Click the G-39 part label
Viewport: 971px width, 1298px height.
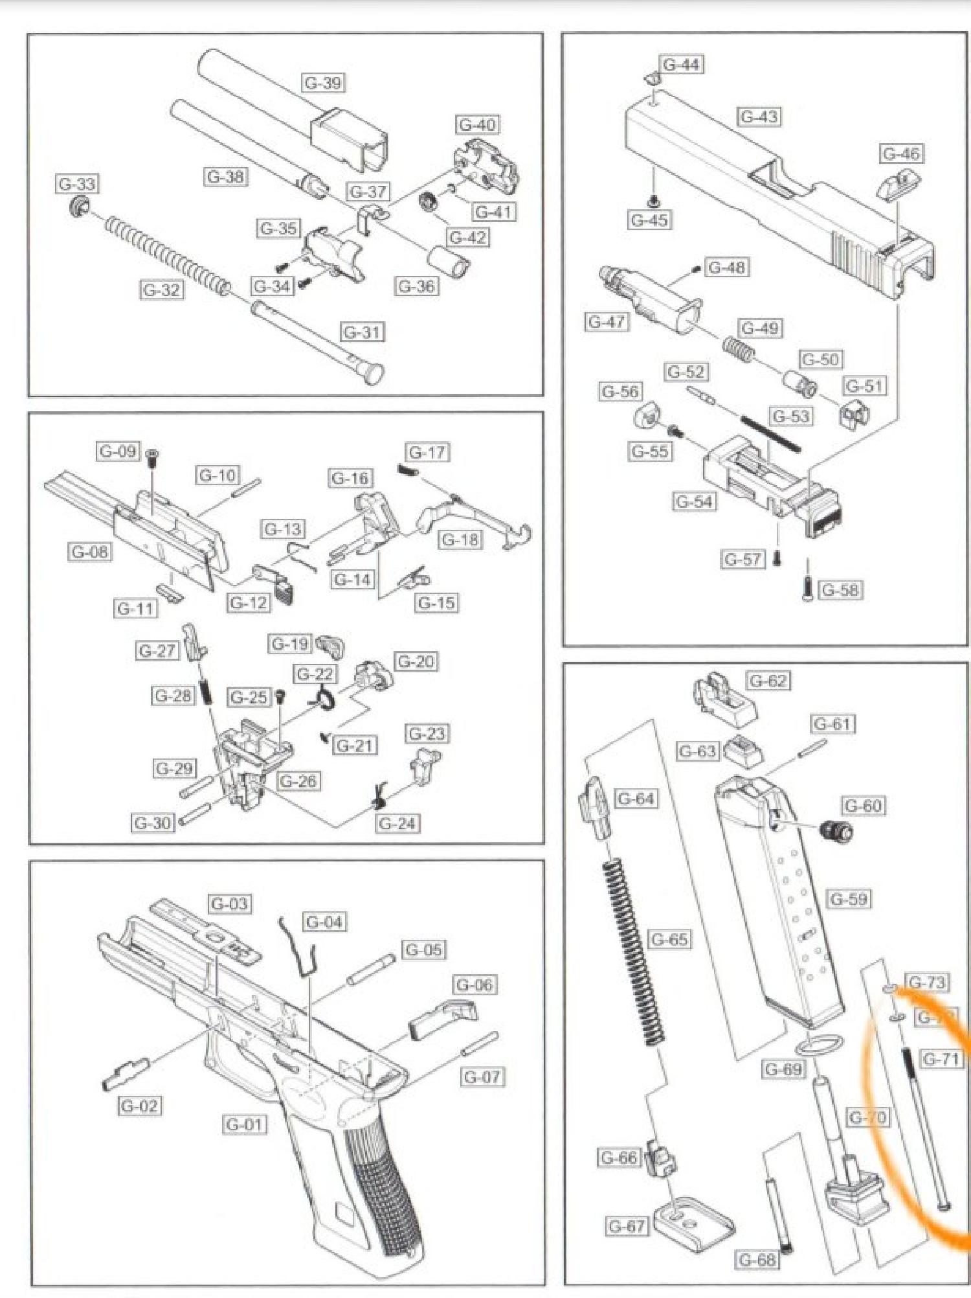323,83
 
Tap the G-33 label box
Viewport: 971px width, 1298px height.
77,184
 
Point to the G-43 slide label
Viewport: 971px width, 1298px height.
759,117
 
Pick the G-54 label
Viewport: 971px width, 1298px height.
694,501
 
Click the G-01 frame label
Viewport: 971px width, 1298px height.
244,1124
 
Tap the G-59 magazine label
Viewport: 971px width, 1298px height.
849,899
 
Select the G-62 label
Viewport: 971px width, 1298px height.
768,681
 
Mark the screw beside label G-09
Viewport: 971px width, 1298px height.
153,456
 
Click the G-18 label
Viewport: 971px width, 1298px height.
460,540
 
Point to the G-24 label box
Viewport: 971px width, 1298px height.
397,823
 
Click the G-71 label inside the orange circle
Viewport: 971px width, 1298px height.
941,1059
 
